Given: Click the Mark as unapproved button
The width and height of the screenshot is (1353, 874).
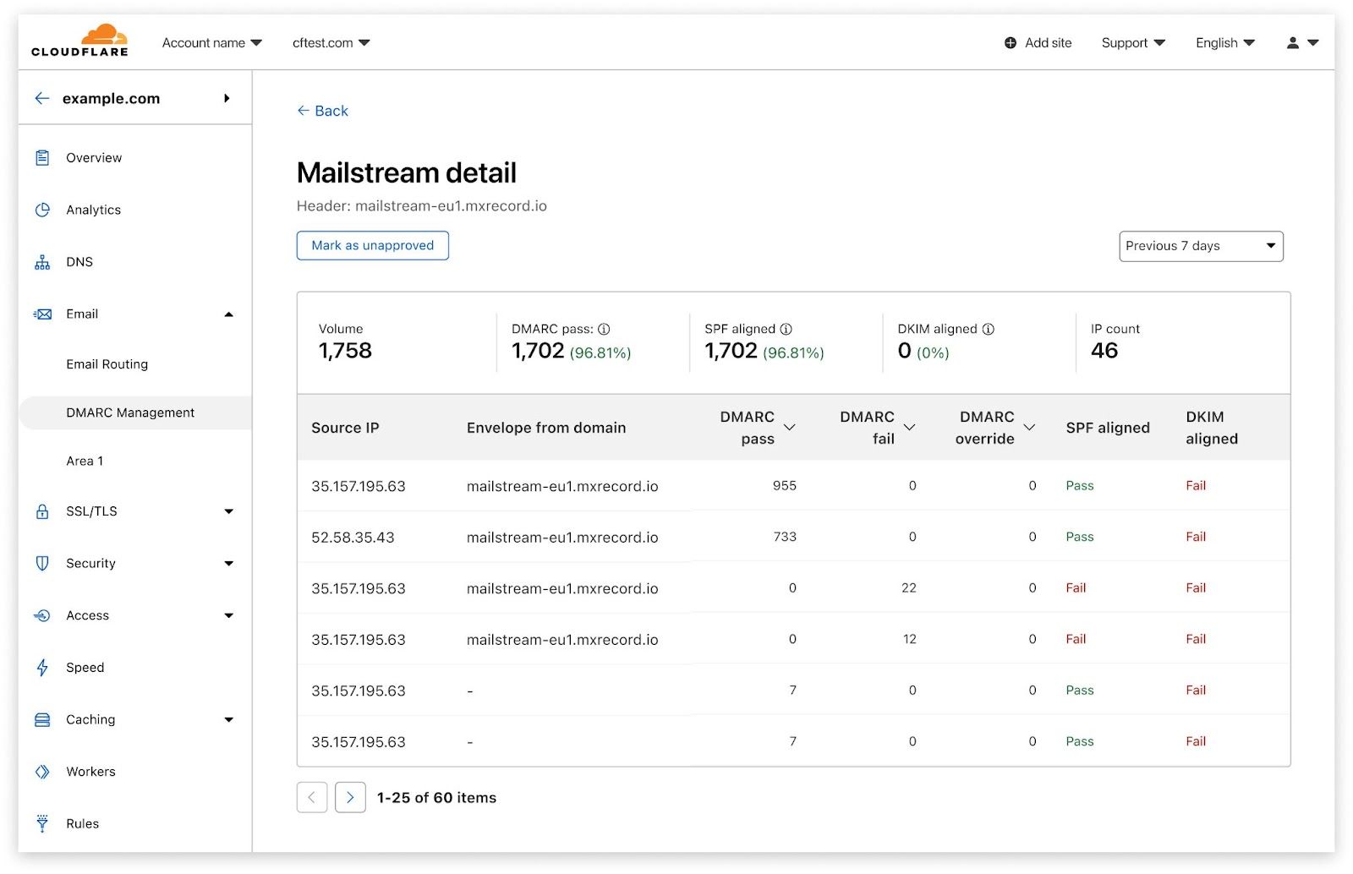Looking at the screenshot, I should coord(372,245).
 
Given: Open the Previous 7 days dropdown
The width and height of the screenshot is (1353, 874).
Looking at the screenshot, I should coord(1200,246).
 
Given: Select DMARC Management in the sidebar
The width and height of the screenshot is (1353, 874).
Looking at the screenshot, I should coord(130,412).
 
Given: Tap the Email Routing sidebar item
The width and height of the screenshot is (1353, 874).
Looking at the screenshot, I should coord(107,364).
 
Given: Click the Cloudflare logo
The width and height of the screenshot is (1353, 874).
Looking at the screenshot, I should coord(80,41).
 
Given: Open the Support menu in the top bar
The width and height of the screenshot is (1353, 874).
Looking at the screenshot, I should coord(1132,43).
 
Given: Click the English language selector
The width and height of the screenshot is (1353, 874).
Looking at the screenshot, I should coord(1224,43).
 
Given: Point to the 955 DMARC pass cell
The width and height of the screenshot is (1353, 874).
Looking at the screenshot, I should coord(784,485).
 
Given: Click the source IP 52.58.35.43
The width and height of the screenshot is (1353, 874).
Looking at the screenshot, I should coord(353,538).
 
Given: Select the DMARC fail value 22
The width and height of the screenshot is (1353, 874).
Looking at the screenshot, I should coord(908,588).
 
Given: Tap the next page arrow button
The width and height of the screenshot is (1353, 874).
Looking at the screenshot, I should coord(350,797).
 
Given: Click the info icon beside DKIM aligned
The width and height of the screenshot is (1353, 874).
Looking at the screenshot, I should coord(988,329).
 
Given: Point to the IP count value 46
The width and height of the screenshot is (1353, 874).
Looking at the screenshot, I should coord(1104,351).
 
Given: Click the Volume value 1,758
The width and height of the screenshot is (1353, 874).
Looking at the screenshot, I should coord(345,351).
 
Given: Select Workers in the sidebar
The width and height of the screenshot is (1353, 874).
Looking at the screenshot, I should coord(90,772).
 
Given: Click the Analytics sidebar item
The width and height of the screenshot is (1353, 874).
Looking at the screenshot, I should coord(93,210).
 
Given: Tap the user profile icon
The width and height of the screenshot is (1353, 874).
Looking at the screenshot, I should coord(1293,43).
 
